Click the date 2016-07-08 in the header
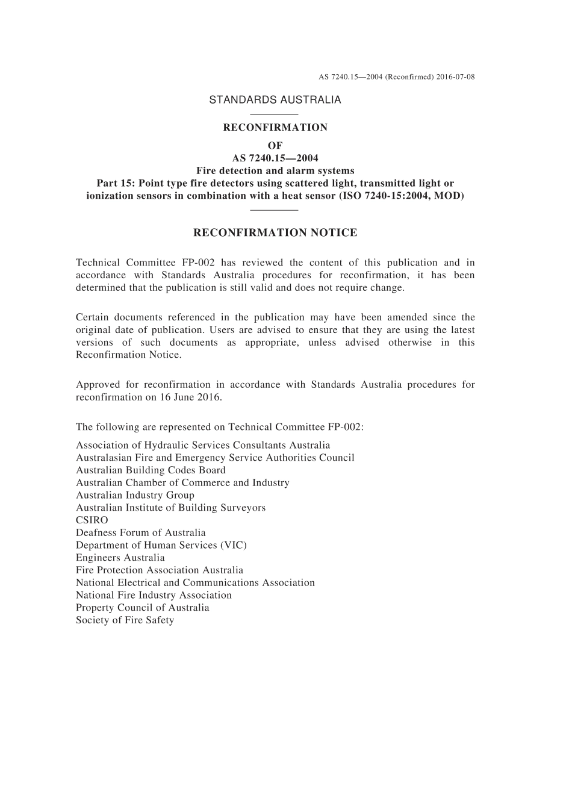coord(456,77)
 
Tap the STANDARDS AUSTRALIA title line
coord(275,100)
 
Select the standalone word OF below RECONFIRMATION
coord(275,146)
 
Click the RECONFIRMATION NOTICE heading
coord(275,232)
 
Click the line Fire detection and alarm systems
coord(275,170)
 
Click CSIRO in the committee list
coord(92,520)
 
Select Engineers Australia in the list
coord(120,558)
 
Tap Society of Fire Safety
coord(125,620)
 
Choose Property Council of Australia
coord(143,608)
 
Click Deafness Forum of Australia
coord(141,533)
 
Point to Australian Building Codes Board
coord(151,470)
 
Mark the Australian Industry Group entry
coord(135,496)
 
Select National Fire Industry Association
coord(154,595)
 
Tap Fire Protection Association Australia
coord(160,570)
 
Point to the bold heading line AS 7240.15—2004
coord(275,158)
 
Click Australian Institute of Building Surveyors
coord(170,508)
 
